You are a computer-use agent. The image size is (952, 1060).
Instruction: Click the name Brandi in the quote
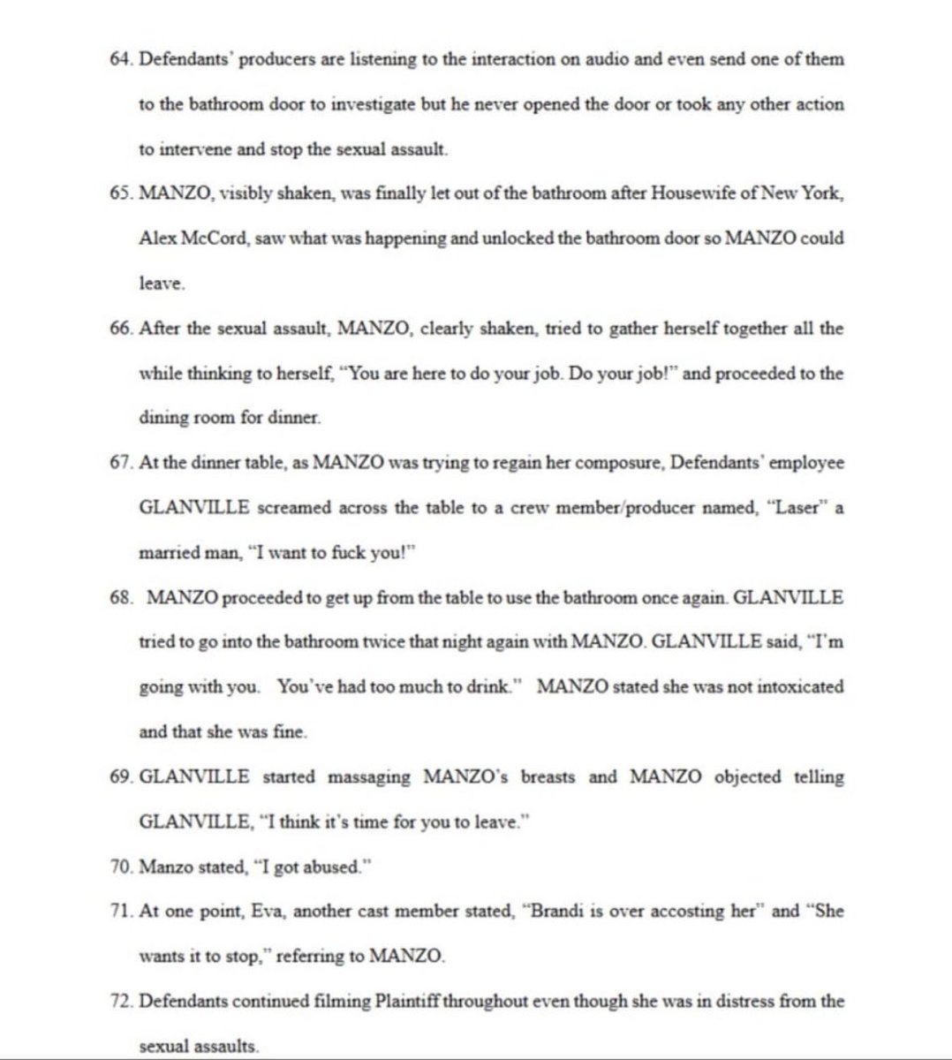(x=555, y=912)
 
